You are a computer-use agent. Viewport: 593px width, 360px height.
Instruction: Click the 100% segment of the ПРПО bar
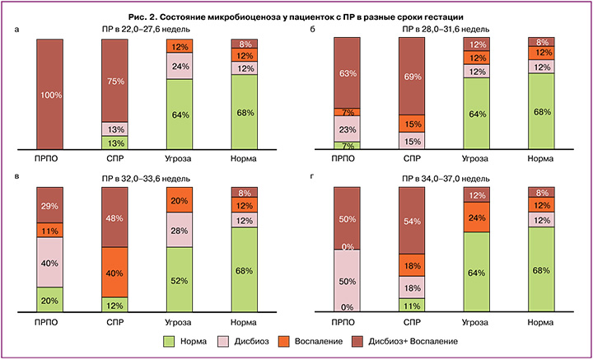50,94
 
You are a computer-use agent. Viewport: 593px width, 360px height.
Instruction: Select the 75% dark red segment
114,81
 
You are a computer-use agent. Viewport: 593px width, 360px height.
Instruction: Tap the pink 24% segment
180,66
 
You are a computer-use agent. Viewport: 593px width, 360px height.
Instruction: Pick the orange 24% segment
477,217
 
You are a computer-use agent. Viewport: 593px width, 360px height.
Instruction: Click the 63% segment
347,73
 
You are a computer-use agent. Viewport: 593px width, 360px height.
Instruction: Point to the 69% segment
412,77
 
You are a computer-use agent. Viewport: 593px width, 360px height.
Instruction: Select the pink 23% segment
347,129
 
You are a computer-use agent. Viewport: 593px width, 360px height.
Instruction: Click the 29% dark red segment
50,205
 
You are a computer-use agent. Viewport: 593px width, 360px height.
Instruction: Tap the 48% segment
114,217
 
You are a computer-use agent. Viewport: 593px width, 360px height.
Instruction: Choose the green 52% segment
180,280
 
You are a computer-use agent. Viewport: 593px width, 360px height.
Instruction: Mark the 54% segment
412,221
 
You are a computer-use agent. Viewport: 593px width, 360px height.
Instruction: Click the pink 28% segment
180,230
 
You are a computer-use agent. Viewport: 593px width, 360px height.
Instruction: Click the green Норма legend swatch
168,342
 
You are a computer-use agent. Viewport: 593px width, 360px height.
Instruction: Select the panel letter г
312,175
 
